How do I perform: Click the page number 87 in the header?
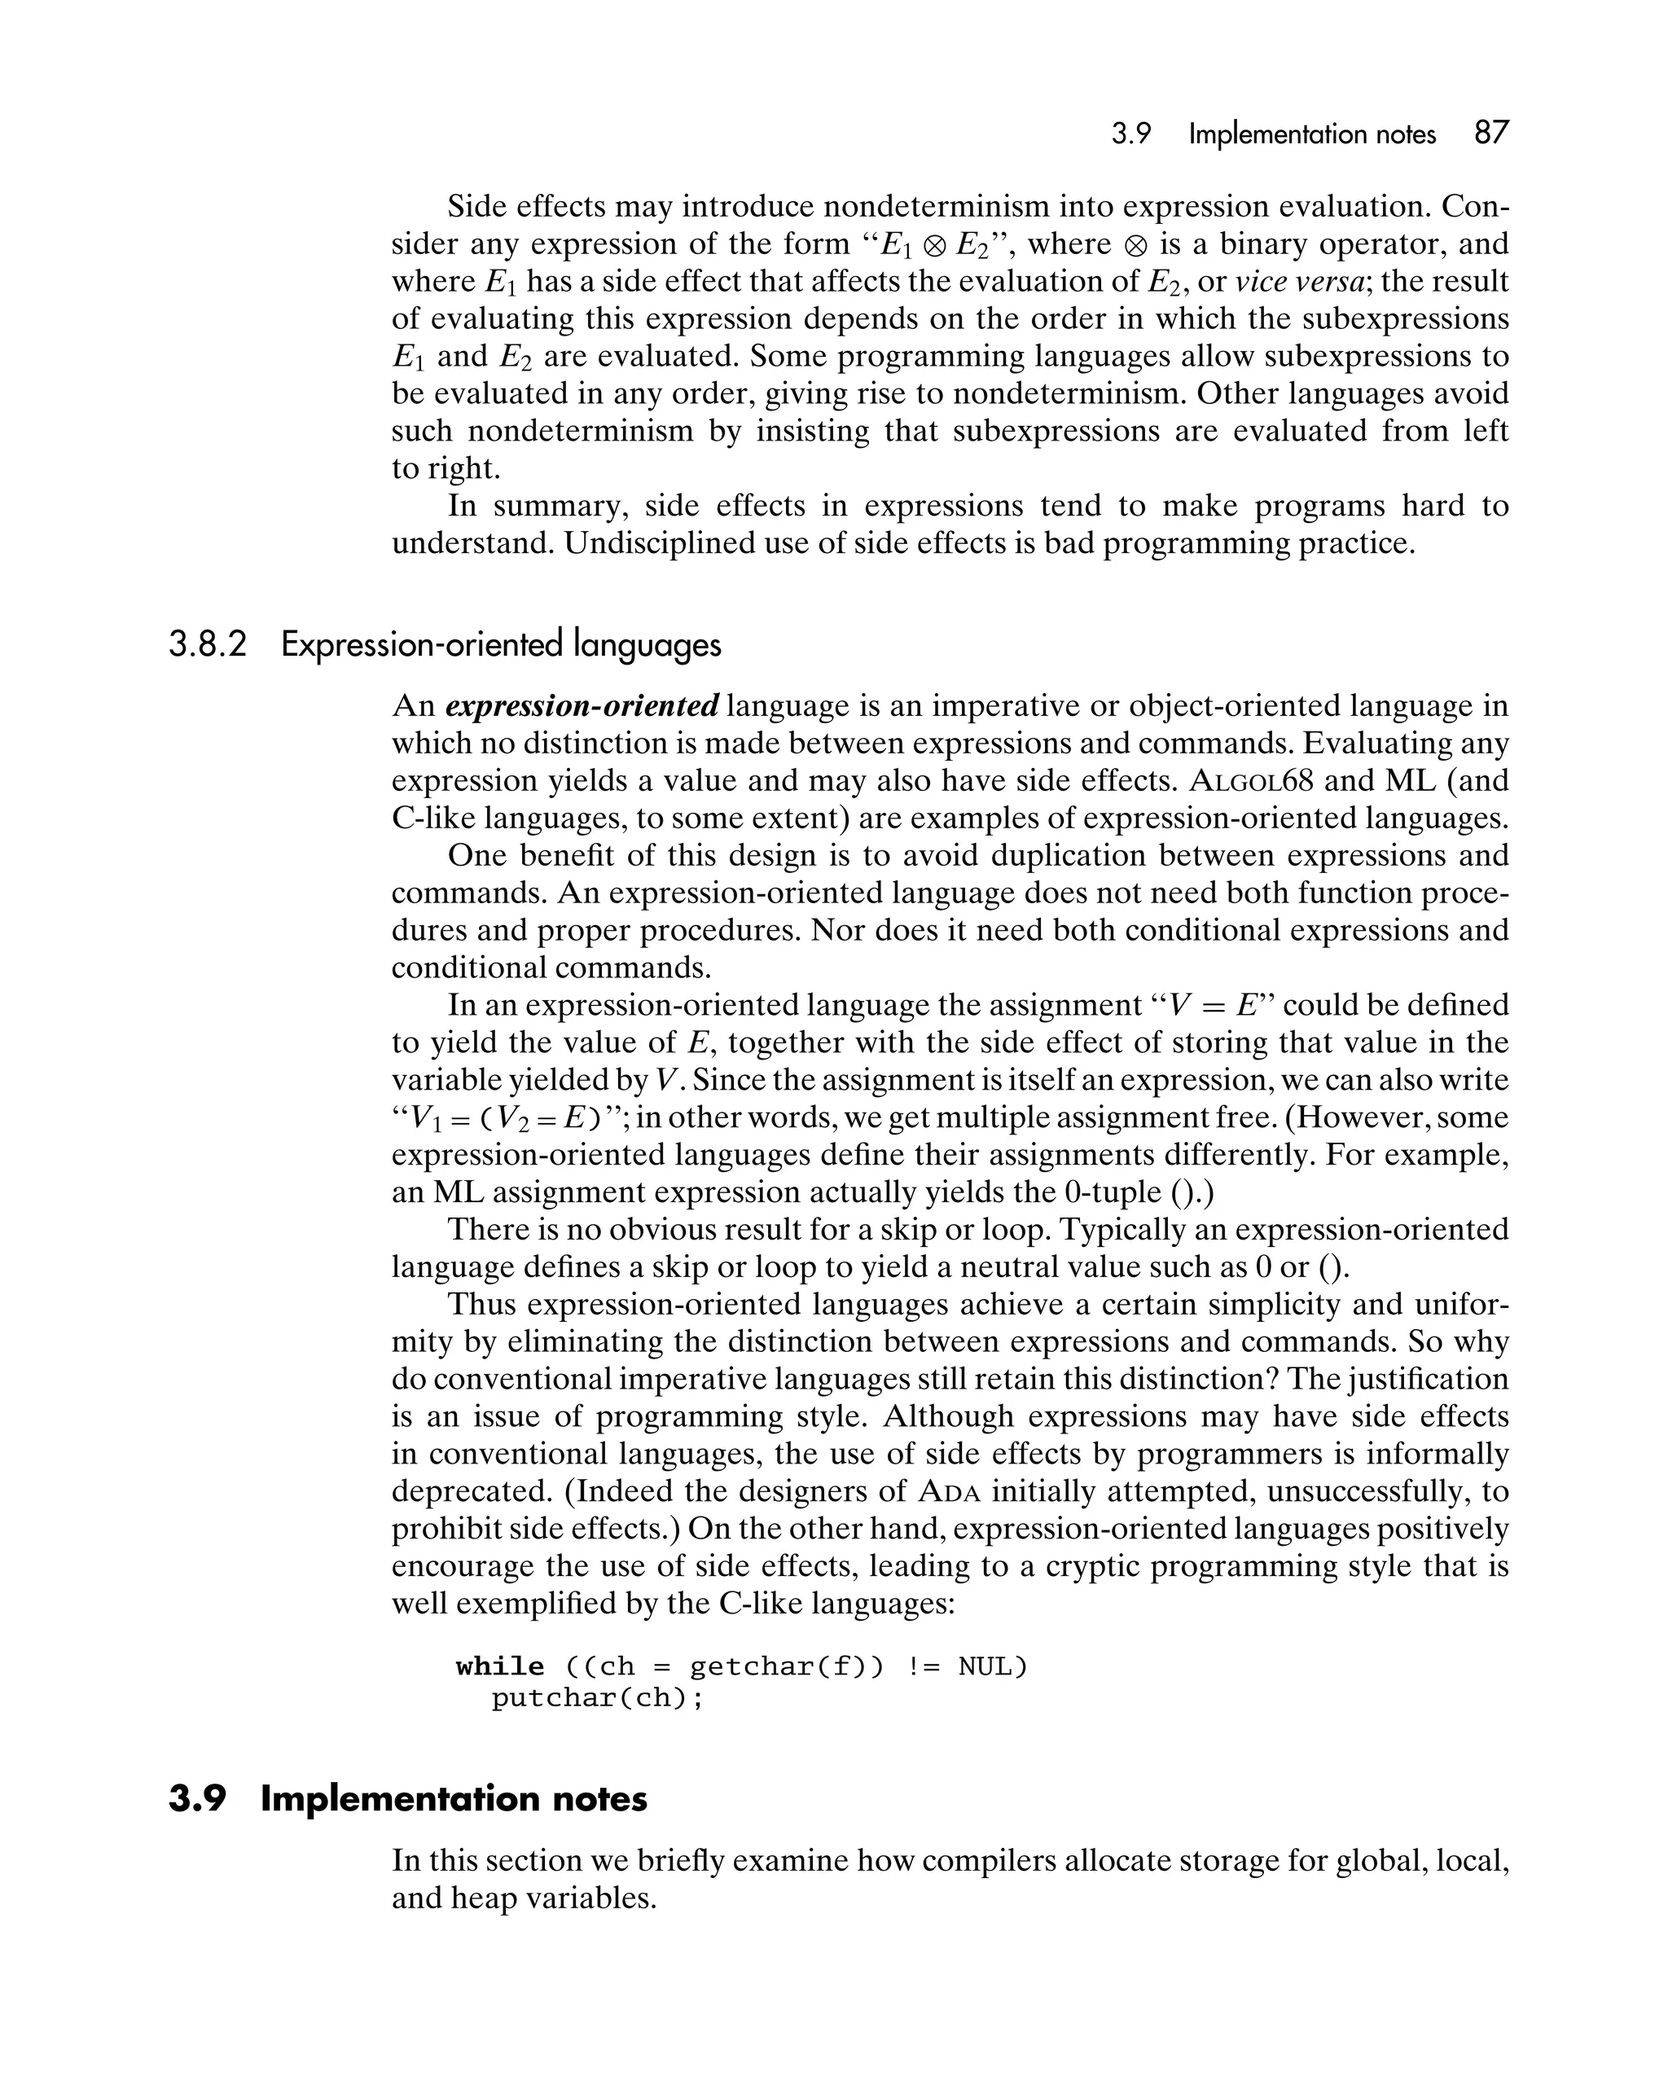(x=1490, y=133)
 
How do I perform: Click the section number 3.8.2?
(x=208, y=644)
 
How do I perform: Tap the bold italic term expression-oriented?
(x=582, y=706)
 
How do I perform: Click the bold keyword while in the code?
(x=500, y=1666)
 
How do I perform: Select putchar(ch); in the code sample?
(x=598, y=1697)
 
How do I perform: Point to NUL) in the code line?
(x=993, y=1666)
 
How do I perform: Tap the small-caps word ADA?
(x=949, y=1491)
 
